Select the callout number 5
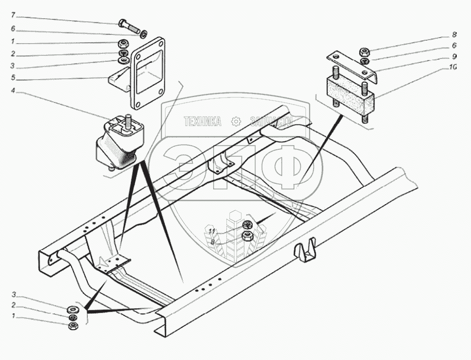pos(13,78)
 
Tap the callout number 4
pos(13,92)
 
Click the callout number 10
pos(453,67)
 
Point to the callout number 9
pos(454,56)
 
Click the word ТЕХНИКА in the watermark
pos(203,121)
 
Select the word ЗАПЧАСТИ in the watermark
pos(272,121)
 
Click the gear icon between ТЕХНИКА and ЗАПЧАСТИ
pos(235,121)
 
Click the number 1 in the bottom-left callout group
pos(13,317)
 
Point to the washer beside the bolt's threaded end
pos(143,35)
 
